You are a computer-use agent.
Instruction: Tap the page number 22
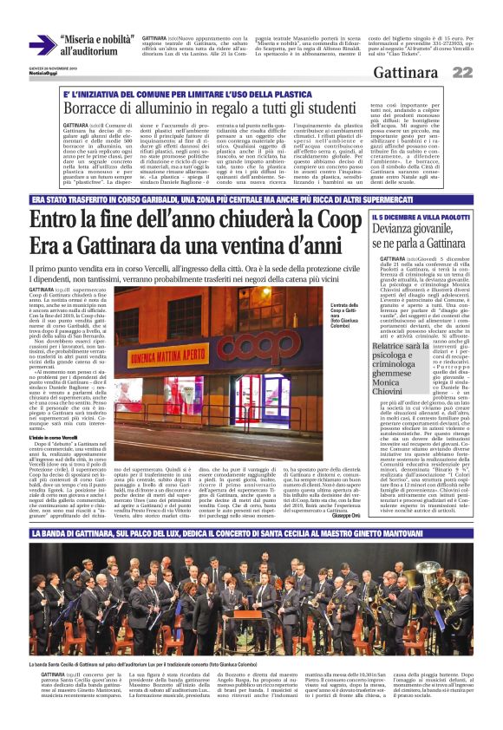tap(487, 72)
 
